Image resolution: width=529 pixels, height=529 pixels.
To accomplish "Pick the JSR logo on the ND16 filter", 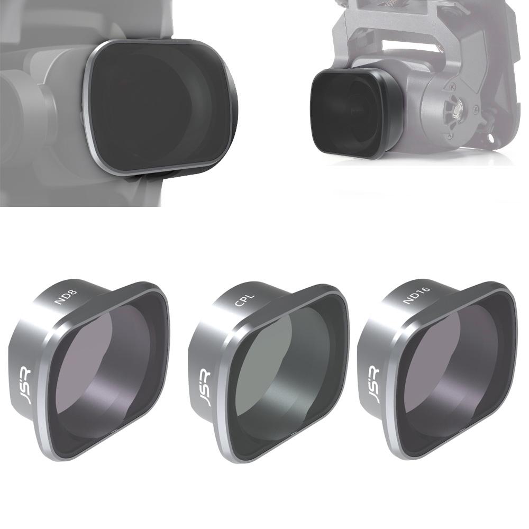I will tap(373, 386).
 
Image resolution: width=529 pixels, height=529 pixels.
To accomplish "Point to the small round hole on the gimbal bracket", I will tap(492, 139).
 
